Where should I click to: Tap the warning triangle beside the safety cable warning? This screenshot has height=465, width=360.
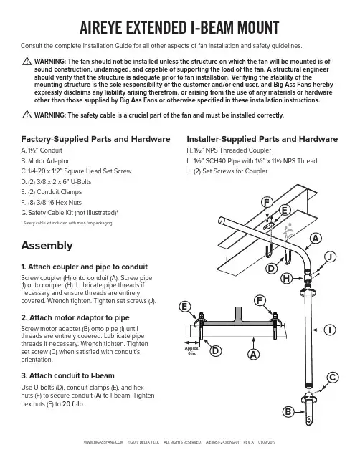point(27,114)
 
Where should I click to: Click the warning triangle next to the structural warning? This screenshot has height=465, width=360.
point(27,62)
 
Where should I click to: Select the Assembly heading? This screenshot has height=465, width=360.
point(47,246)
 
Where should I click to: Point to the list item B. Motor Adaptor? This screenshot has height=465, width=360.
point(44,161)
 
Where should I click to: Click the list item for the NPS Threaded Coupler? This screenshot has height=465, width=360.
point(229,150)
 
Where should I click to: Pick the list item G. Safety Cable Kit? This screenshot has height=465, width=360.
point(70,213)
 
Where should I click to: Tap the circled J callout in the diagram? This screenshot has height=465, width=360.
point(330,257)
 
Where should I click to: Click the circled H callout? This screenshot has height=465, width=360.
point(286,279)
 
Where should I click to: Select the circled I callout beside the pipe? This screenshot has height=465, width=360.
point(330,330)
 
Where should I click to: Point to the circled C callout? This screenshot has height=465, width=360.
point(333,378)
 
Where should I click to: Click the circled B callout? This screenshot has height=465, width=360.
point(288,412)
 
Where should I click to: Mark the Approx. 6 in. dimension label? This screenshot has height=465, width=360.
point(191,351)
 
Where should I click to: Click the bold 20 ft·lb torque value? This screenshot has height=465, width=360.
point(73,404)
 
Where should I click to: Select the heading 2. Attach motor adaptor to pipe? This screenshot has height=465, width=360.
point(75,317)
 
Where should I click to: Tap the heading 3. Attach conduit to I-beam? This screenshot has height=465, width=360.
point(67,375)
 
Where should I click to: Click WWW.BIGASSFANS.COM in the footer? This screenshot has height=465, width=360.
point(103,442)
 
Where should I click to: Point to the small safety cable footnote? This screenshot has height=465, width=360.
point(67,223)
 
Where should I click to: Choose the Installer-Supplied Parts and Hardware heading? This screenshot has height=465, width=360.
point(262,139)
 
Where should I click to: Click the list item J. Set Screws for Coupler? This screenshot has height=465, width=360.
point(227,171)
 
